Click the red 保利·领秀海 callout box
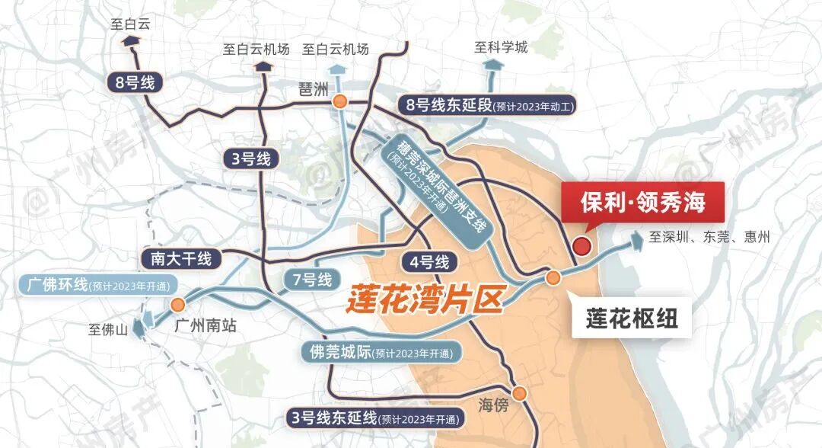coord(642,203)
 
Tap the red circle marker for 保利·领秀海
coord(582,246)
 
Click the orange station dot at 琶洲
coord(340,100)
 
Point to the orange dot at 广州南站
coord(178,305)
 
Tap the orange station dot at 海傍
coord(520,393)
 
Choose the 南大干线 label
coord(181,258)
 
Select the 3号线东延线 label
coord(375,418)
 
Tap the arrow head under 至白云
coord(131,42)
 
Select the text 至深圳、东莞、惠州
coord(709,237)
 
